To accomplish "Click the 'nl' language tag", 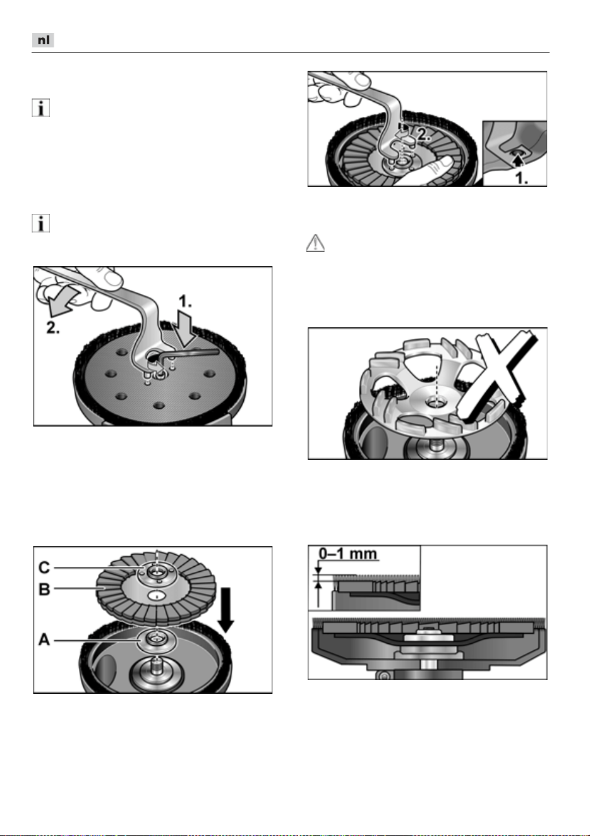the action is coord(43,40).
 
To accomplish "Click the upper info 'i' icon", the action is coord(40,108).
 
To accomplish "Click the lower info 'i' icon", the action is coord(40,224).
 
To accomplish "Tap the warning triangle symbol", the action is coord(315,243).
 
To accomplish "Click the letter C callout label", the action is coord(44,567).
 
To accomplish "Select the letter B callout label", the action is coord(44,590).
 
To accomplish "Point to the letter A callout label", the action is coord(44,639).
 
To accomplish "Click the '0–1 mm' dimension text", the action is coord(348,554).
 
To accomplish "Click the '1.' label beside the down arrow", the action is coord(185,301).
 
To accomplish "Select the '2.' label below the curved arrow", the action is coord(53,328).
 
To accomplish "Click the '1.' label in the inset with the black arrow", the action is coord(521,178).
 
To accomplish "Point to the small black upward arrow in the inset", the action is coord(517,160).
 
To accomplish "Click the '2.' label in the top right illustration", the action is coord(424,135).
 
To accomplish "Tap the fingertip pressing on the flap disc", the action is coord(447,164).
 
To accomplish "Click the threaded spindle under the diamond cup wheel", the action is coord(435,445).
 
